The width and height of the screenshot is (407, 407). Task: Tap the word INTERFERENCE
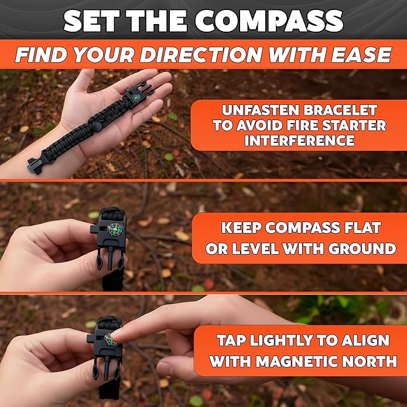point(299,141)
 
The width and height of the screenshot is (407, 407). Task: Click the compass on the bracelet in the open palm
point(135,98)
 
